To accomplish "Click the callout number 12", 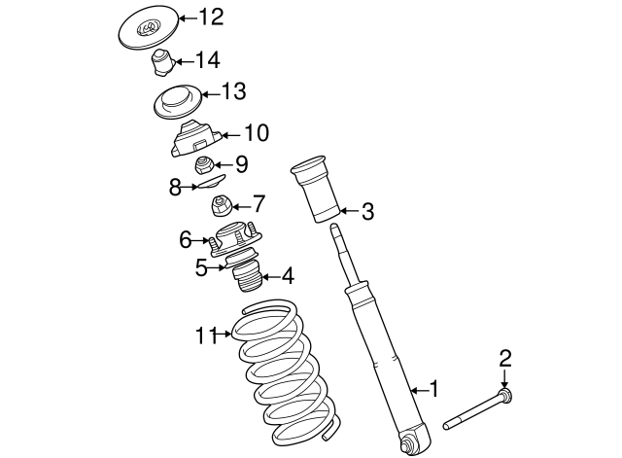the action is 211,18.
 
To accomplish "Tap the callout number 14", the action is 207,60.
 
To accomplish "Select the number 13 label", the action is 233,91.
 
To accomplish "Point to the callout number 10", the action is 257,132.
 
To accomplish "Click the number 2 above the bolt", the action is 504,359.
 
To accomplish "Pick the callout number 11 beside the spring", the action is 207,336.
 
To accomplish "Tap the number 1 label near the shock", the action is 434,389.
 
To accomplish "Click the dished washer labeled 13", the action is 178,102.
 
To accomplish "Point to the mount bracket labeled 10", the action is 195,139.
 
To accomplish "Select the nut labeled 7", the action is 221,205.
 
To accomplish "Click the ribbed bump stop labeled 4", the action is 247,276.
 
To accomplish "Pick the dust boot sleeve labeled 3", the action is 315,191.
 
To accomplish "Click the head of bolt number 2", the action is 504,395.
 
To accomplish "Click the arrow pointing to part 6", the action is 200,240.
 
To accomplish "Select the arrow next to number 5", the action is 217,268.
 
